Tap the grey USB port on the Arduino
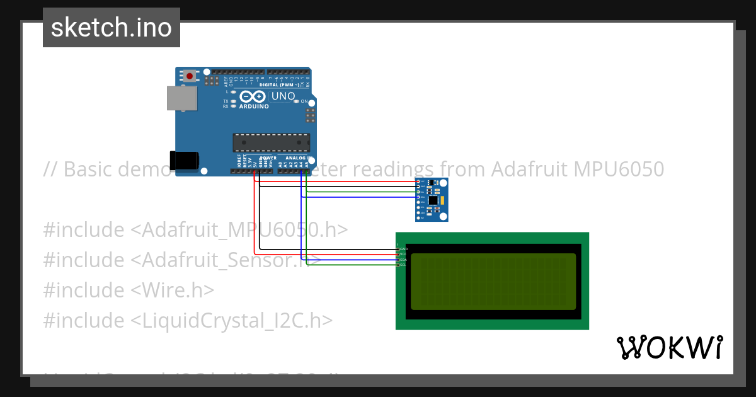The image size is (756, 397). (x=181, y=99)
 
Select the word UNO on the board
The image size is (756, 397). (x=283, y=96)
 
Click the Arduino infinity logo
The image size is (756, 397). (x=253, y=96)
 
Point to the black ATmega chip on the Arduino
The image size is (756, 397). (x=271, y=142)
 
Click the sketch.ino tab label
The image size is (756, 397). (x=112, y=28)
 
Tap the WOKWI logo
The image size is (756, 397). (x=669, y=347)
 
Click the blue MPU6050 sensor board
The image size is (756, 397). (x=432, y=199)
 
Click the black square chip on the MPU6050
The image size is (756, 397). (x=433, y=200)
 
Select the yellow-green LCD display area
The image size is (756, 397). (x=493, y=281)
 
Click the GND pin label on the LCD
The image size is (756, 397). (x=403, y=249)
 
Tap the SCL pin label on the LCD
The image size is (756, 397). (x=403, y=265)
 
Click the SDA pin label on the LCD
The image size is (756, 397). (x=403, y=260)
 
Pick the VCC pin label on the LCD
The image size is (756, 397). (x=403, y=254)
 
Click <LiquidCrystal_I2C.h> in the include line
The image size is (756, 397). (x=231, y=320)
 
